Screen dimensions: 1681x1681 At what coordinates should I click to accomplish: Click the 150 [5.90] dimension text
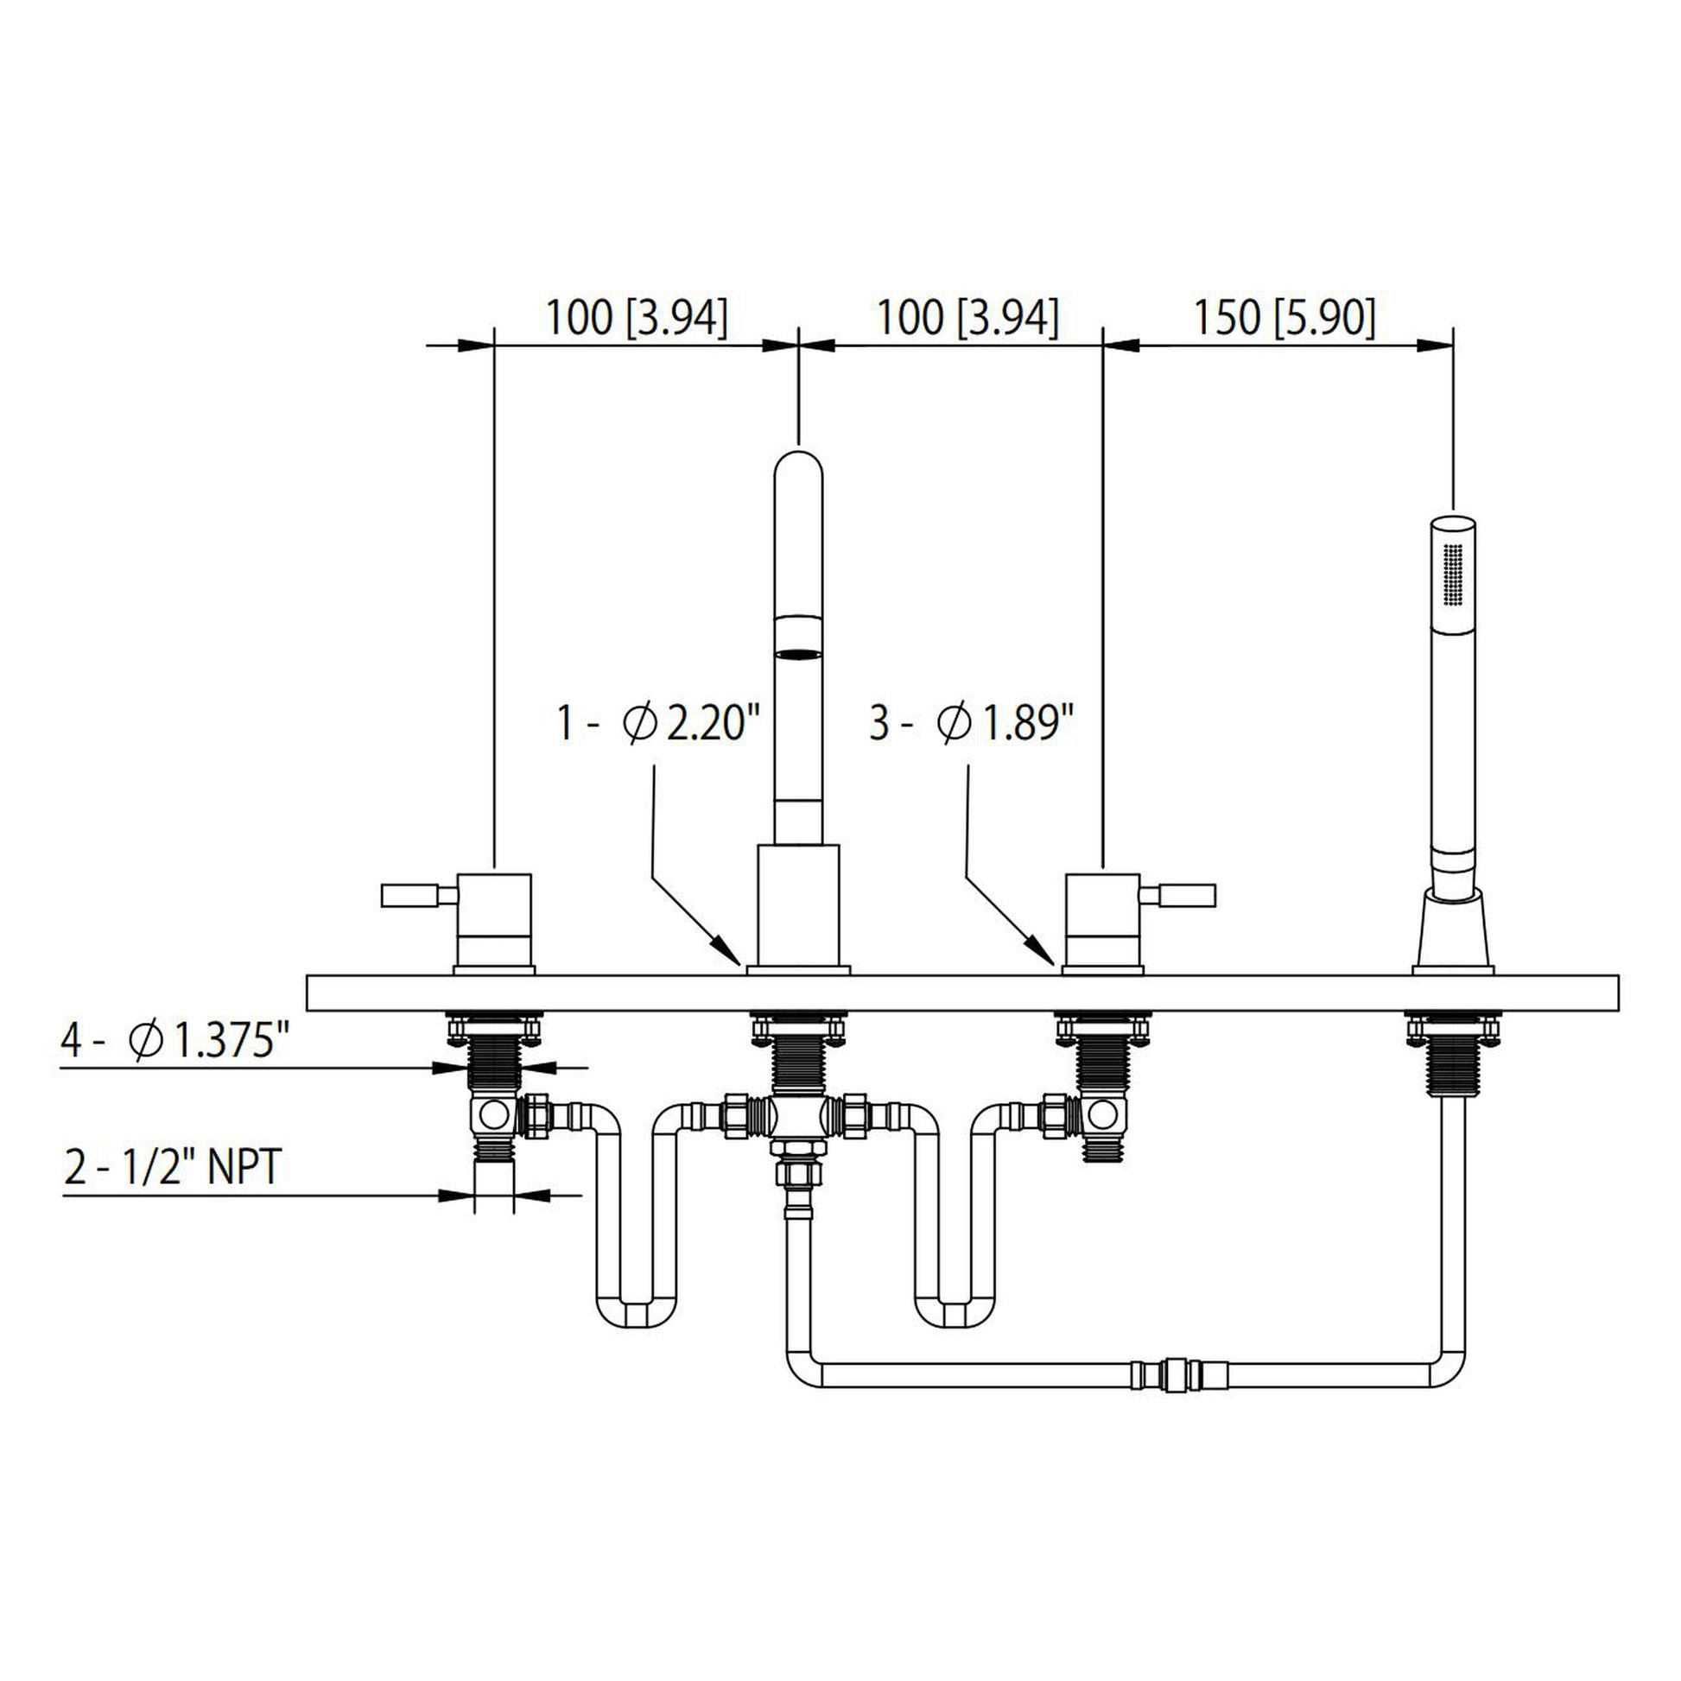coord(1285,318)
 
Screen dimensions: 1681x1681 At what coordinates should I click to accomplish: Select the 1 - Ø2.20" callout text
coord(658,724)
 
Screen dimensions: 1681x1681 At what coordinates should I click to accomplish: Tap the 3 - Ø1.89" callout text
coord(972,724)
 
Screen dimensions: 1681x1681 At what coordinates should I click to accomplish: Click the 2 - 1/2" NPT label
coord(172,1168)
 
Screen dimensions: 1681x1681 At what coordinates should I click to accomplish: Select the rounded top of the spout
coord(798,466)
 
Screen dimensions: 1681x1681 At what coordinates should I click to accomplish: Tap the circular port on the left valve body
coord(493,1113)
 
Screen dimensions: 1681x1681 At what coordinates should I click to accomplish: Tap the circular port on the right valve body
coord(1102,1113)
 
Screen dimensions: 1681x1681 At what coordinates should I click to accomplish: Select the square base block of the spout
coord(798,905)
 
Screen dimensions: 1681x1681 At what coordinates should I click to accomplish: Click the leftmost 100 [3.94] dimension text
coord(636,318)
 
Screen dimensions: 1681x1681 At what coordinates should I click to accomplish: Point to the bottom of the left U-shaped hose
coord(637,1311)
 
